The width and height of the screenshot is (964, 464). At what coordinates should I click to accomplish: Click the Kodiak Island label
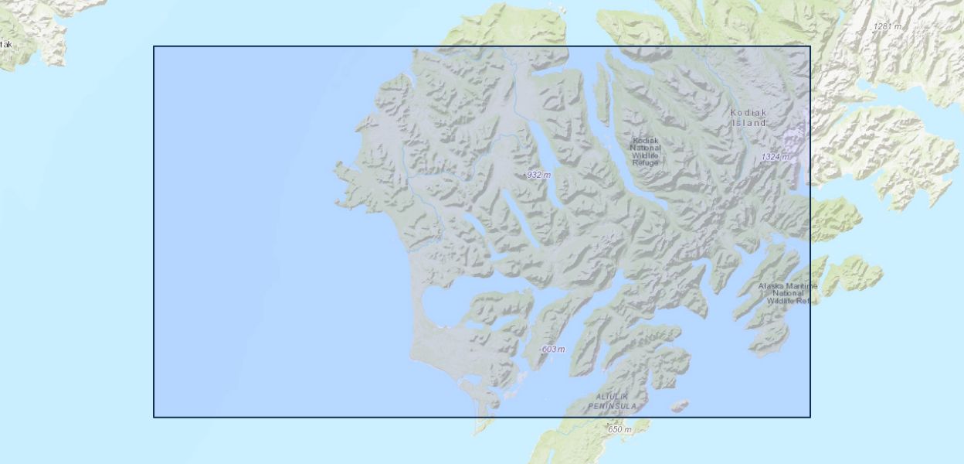click(748, 118)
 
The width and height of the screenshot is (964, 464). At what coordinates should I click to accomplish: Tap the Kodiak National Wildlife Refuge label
click(645, 152)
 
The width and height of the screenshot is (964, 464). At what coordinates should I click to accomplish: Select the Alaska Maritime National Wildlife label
click(787, 293)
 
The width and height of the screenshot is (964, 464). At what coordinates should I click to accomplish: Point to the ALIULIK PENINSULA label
click(613, 401)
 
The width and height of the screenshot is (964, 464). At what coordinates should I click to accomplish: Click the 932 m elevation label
click(538, 175)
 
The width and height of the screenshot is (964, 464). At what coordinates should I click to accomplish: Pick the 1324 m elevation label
click(775, 157)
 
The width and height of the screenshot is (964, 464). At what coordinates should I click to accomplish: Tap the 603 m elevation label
click(553, 349)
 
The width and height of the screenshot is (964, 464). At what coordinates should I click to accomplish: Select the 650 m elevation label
click(619, 429)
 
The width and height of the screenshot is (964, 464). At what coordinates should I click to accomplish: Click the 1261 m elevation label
click(887, 26)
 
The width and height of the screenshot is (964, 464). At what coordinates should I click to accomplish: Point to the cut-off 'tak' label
click(6, 44)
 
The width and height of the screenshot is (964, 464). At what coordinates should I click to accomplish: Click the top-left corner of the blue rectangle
click(154, 46)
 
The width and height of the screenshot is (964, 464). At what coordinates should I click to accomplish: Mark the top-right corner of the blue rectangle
click(810, 46)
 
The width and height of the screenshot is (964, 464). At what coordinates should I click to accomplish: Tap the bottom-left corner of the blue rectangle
click(154, 417)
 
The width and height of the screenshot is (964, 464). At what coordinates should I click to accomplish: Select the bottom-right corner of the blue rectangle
click(810, 417)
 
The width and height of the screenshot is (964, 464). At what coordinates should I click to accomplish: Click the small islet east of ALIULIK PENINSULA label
click(679, 405)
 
